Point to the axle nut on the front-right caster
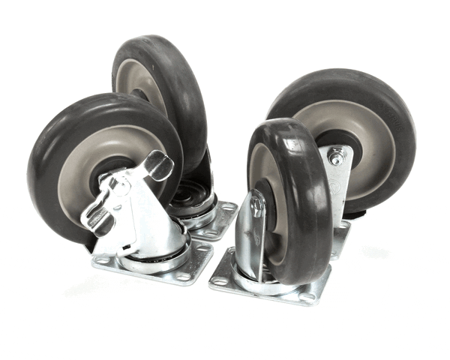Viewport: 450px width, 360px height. (x=258, y=205)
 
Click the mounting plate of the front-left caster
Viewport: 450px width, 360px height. (x=150, y=266)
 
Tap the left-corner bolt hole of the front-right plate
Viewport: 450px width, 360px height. (x=218, y=282)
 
